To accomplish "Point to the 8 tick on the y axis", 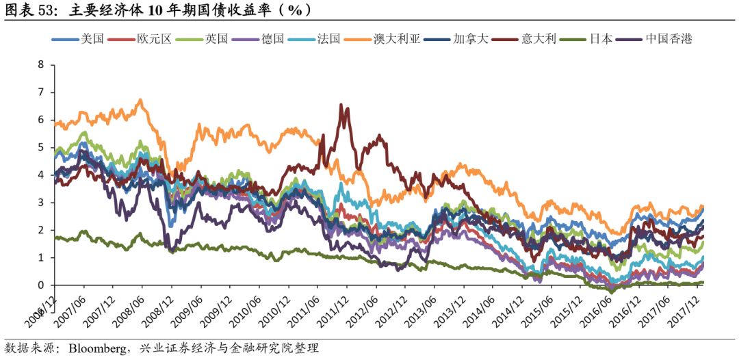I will [40, 65].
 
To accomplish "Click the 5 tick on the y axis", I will [40, 148].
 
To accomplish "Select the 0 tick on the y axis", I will [40, 285].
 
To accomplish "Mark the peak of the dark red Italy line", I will [341, 105].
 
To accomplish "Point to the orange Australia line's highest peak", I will [140, 101].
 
